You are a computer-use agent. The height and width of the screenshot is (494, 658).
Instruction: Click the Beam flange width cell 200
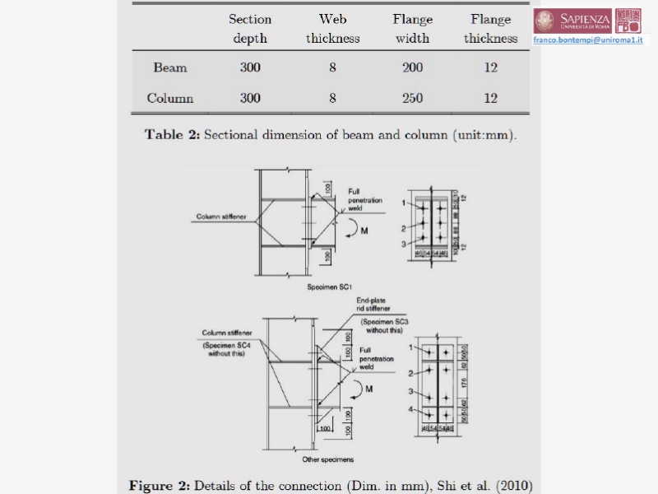pyautogui.click(x=412, y=68)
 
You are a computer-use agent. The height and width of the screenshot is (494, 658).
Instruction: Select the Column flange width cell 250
pyautogui.click(x=412, y=99)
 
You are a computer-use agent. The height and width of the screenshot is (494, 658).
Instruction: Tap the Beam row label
pyautogui.click(x=170, y=68)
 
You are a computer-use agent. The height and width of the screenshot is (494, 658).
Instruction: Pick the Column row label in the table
pyautogui.click(x=170, y=99)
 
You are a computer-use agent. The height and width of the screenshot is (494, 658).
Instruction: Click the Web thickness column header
pyautogui.click(x=332, y=29)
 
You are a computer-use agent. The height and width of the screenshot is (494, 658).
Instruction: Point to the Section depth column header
pyautogui.click(x=250, y=29)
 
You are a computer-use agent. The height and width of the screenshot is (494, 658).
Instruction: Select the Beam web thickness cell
pyautogui.click(x=332, y=68)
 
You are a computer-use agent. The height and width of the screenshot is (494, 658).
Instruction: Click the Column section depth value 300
pyautogui.click(x=250, y=99)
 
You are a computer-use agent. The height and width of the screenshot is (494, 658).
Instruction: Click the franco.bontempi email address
pyautogui.click(x=587, y=40)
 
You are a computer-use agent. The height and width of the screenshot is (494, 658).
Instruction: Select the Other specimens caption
pyautogui.click(x=327, y=459)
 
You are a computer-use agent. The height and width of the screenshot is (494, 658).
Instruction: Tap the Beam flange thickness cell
pyautogui.click(x=490, y=68)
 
